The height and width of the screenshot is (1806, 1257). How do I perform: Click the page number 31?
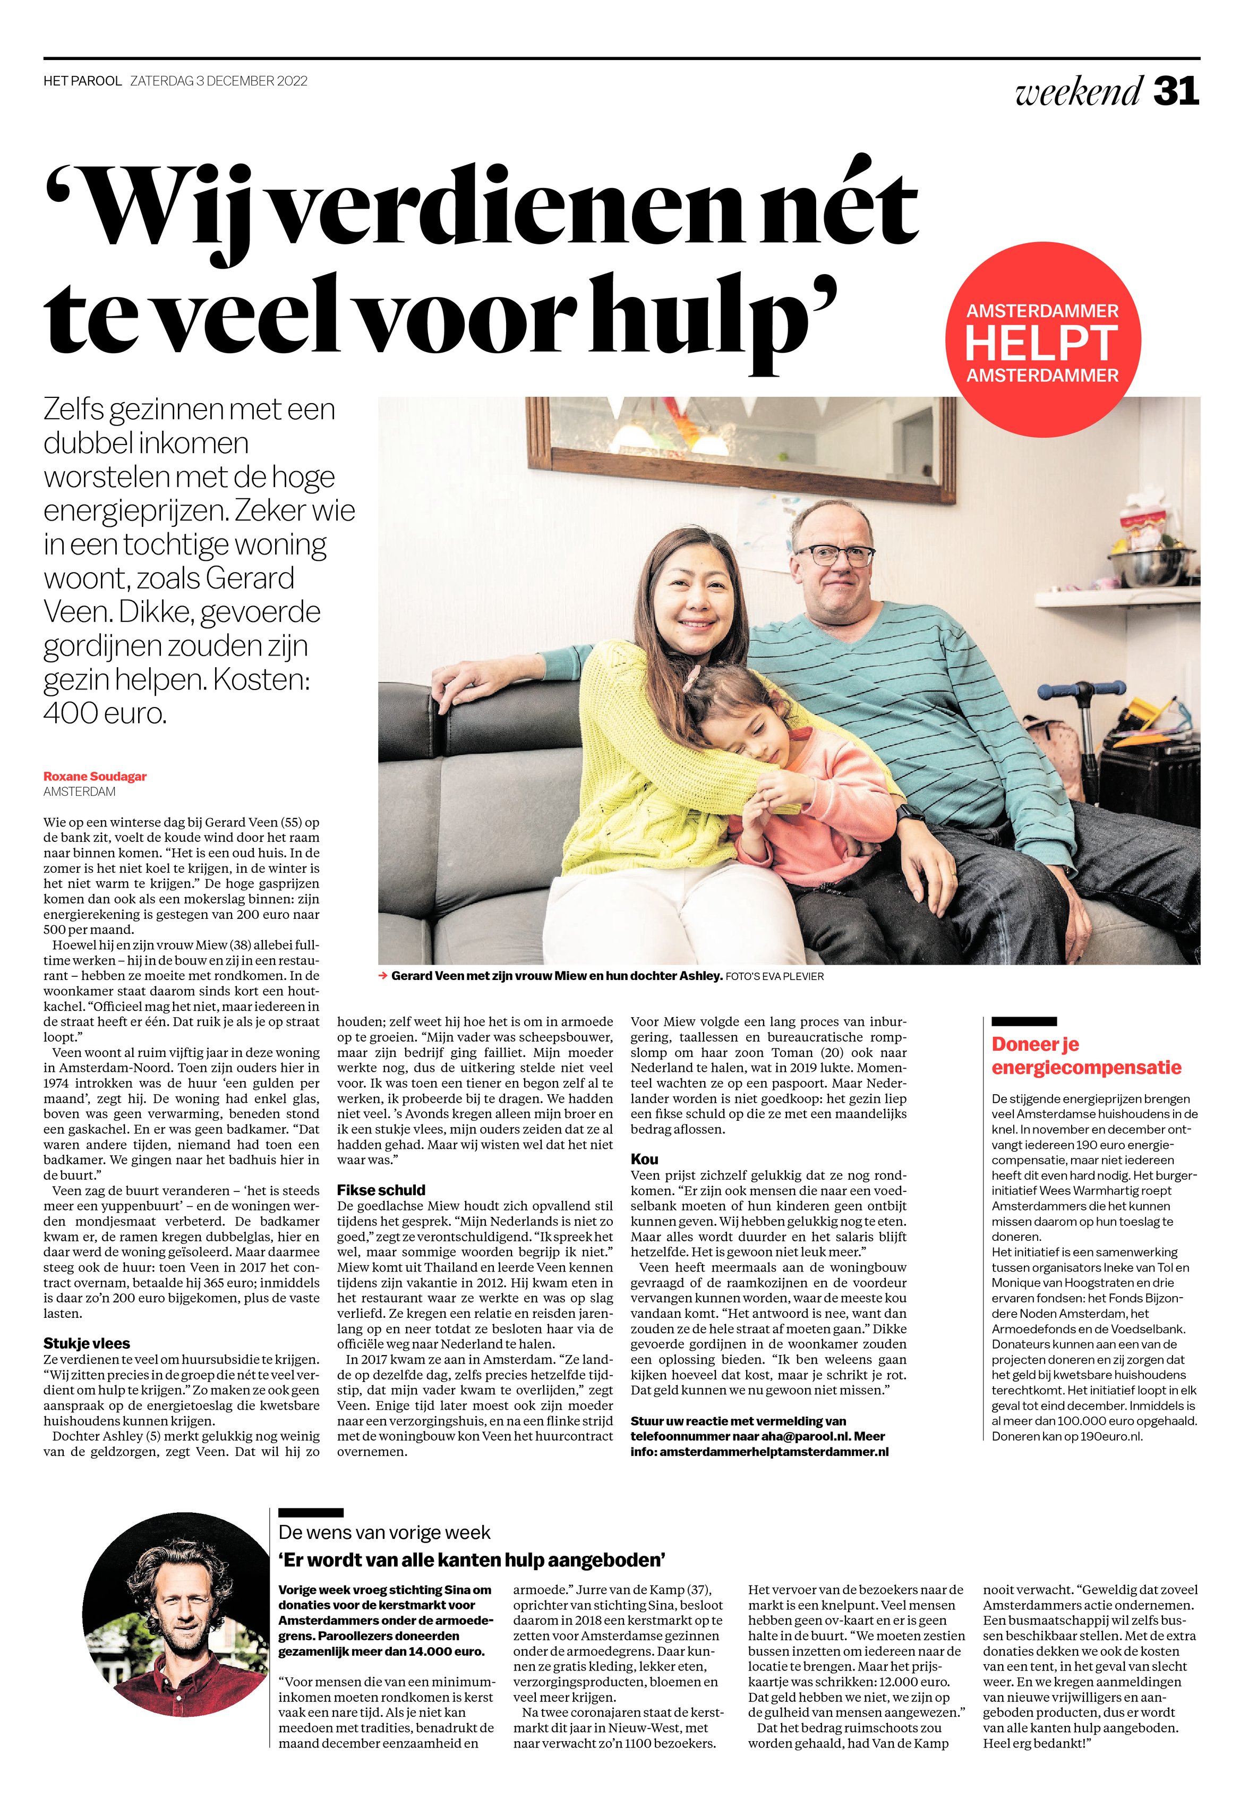pos(1175,91)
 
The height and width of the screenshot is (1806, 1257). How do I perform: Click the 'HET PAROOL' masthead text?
pos(83,81)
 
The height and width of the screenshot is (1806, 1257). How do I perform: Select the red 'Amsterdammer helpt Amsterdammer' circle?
pos(1042,340)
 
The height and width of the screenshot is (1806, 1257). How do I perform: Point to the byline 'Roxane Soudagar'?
pos(95,777)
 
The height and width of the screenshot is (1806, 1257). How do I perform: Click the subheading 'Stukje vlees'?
pos(87,1343)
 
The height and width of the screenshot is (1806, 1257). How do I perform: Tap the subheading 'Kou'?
pos(644,1158)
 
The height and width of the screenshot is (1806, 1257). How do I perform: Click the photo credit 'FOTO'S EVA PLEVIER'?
pos(774,977)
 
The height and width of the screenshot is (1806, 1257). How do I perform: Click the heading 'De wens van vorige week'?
pos(384,1532)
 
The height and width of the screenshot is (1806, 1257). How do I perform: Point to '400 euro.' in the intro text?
pos(105,713)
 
